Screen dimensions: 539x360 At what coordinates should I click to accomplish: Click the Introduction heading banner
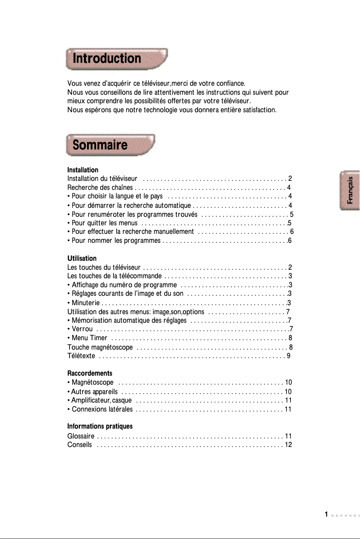click(117, 59)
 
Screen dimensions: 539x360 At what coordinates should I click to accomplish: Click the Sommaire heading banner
click(110, 145)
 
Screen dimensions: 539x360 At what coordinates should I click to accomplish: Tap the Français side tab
click(350, 190)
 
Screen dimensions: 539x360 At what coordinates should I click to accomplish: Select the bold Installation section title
click(83, 170)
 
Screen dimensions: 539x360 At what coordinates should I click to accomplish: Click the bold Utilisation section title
click(82, 259)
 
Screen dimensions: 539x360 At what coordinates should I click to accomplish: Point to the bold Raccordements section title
click(89, 373)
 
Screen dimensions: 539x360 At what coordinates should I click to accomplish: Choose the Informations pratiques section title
click(100, 426)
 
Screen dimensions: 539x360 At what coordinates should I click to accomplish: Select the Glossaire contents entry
click(80, 436)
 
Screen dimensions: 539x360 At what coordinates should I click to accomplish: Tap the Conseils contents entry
click(79, 445)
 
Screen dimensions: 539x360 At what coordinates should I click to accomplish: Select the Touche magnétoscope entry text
click(100, 347)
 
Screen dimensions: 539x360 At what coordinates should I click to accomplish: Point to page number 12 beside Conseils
click(289, 445)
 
